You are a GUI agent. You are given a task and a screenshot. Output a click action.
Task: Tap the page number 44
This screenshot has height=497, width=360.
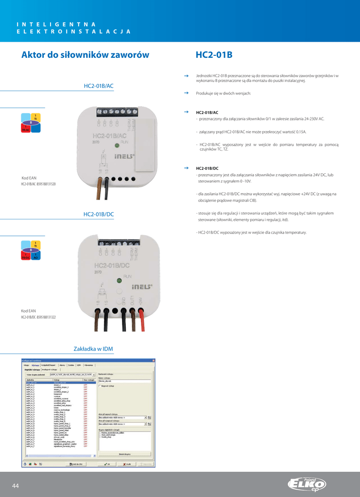(x=16, y=486)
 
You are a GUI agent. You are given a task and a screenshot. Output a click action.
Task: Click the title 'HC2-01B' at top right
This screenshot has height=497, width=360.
(x=214, y=55)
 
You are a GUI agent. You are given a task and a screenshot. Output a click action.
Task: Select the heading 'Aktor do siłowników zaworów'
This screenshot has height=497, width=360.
(x=85, y=55)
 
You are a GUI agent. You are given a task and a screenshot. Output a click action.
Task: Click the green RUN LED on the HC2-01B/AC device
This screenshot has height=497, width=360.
(x=117, y=145)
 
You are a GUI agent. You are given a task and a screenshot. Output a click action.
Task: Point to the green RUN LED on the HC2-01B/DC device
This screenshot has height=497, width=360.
(x=119, y=281)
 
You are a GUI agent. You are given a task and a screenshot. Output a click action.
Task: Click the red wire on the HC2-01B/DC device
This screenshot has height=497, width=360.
(x=141, y=317)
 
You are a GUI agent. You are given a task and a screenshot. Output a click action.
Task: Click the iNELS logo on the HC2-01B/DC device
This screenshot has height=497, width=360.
(x=142, y=286)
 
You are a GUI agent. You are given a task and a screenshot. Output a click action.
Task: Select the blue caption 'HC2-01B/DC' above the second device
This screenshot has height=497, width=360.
(x=99, y=214)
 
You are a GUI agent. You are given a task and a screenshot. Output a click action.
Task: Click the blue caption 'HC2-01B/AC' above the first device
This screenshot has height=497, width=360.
(x=99, y=86)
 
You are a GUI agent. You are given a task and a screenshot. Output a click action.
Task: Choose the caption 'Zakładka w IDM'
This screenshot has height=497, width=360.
(x=93, y=349)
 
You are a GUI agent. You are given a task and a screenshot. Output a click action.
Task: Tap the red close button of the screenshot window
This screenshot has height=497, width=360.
(x=154, y=360)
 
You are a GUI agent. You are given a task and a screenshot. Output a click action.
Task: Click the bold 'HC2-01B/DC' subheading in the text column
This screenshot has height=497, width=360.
(x=207, y=168)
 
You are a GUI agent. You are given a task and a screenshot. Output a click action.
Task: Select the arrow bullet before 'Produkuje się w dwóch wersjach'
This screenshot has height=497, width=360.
(x=186, y=93)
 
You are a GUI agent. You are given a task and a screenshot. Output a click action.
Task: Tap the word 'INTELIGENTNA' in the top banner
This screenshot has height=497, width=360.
(x=55, y=24)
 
